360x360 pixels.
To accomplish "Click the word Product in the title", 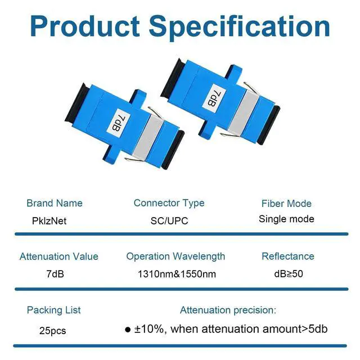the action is point(85,26).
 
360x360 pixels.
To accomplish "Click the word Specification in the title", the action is point(240,28).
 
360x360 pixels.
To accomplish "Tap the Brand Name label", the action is point(55,203).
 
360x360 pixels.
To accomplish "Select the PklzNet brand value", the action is point(49,221).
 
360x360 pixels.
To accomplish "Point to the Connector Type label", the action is point(169,204).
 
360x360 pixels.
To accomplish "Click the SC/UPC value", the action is point(169,221).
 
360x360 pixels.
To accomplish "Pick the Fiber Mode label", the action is point(286,204).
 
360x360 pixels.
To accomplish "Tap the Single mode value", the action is point(286,219).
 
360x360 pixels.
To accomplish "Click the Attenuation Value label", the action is point(59,256).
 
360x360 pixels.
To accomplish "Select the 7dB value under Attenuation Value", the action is point(55,274).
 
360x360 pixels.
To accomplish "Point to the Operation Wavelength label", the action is point(175,256).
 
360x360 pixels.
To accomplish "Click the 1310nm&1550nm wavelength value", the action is point(177,274).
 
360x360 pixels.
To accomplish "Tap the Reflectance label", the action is point(288,256).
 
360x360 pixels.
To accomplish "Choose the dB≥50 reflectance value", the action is point(289,274).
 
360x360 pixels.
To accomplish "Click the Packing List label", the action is point(54,310).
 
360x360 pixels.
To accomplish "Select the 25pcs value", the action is point(52,331).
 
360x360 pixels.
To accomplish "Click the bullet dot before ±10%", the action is point(128,330).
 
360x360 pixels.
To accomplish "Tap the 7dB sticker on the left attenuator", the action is point(119,123).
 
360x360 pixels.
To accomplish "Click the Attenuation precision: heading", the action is point(228,310).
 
